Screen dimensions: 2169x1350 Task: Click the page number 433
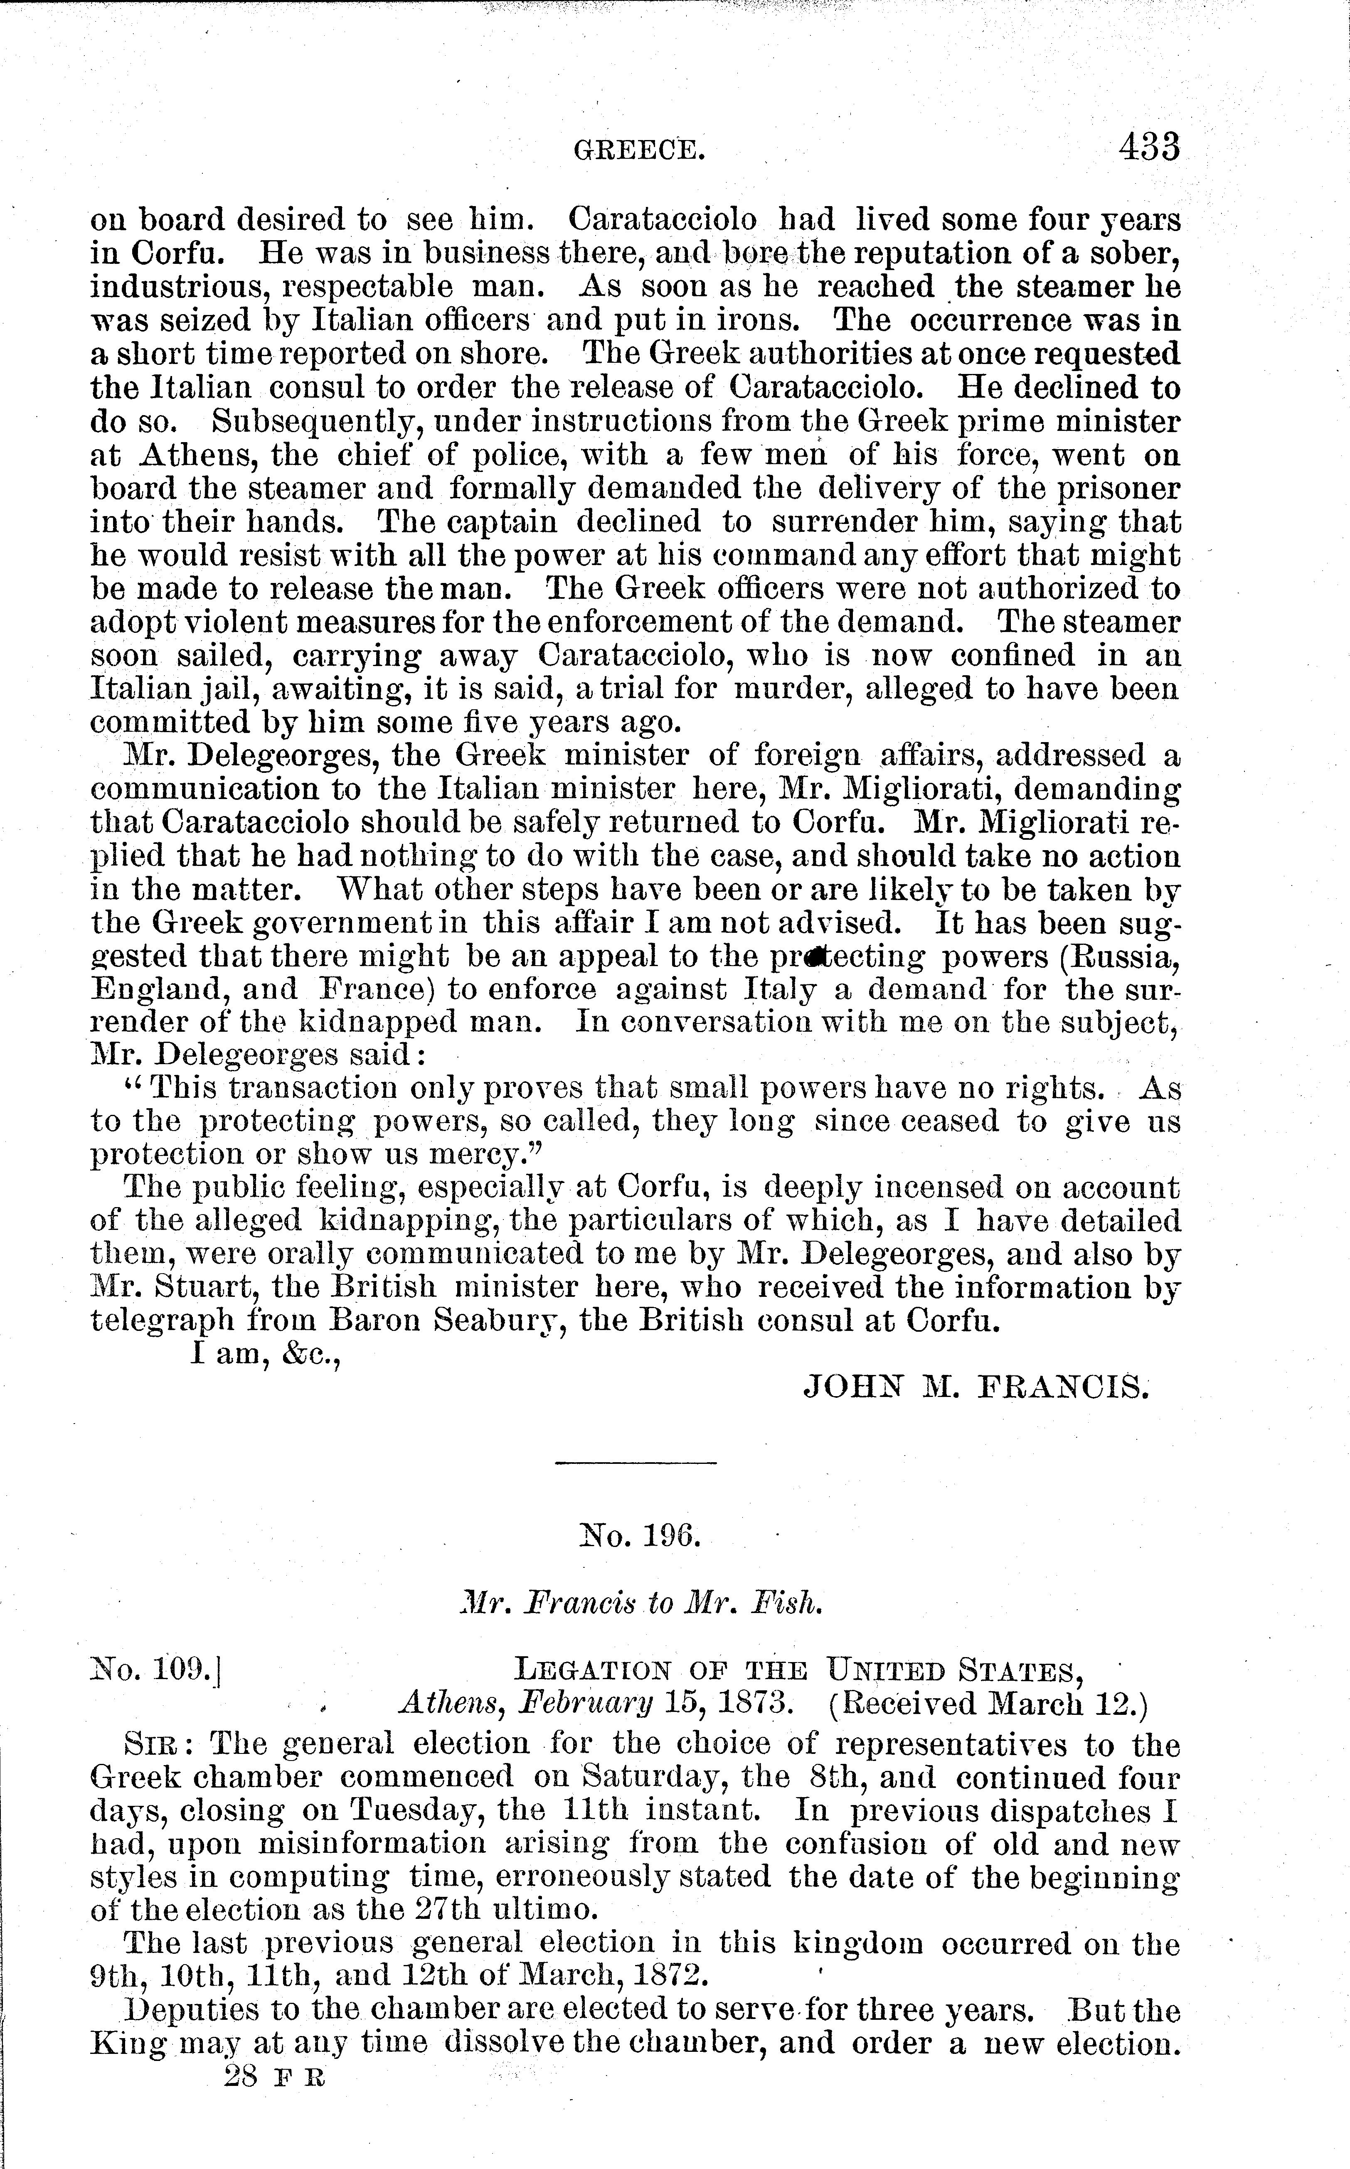tap(1149, 147)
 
